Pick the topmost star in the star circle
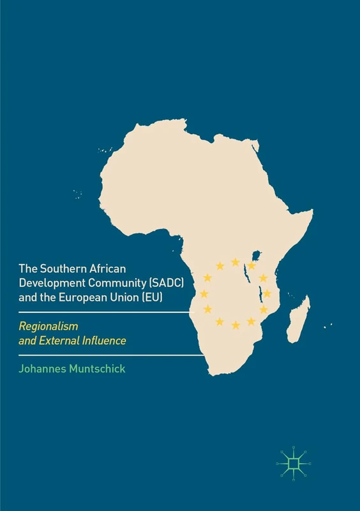pos(236,262)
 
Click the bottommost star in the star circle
pos(236,325)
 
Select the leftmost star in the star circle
pos(204,294)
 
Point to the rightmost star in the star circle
pos(267,294)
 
